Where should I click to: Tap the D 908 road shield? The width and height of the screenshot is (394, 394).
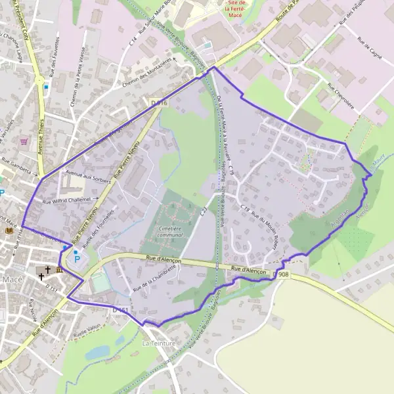(x=283, y=274)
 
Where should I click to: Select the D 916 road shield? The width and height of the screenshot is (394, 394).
(x=159, y=103)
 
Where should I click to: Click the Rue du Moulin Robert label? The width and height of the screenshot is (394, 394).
(x=265, y=226)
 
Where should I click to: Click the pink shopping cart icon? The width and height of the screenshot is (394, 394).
(x=24, y=141)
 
